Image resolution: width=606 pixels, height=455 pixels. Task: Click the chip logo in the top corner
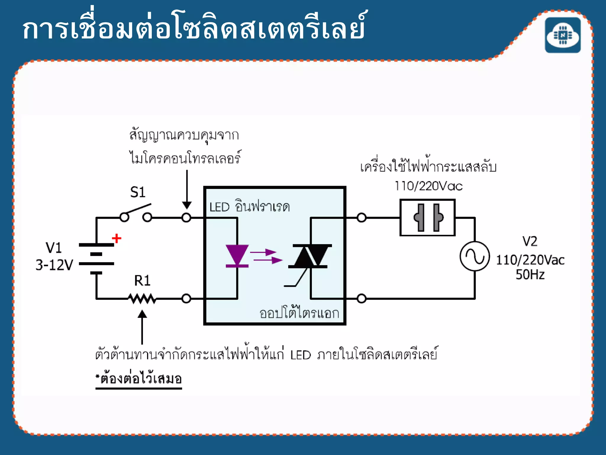563,35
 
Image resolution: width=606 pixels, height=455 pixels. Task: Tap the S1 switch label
138,192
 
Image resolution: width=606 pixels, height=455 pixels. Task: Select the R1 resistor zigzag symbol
142,299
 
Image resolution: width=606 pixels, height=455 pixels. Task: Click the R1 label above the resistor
142,281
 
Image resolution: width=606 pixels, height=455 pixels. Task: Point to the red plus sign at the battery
117,238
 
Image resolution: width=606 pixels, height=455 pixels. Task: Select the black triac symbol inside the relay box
310,257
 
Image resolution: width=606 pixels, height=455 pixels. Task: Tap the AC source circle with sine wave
475,256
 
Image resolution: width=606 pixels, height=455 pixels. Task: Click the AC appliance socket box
427,218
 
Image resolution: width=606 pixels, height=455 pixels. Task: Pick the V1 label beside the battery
54,248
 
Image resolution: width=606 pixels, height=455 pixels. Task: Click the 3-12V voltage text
54,265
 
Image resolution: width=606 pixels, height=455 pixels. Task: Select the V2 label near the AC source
530,241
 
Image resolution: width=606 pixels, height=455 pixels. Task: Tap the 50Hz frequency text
530,275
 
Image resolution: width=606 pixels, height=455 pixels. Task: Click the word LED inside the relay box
219,207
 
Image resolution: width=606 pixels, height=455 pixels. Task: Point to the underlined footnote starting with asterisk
138,379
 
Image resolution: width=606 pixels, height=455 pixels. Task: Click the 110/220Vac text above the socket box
428,186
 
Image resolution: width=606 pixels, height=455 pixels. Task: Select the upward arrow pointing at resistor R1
142,326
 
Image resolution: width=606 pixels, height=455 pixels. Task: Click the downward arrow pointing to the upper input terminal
187,190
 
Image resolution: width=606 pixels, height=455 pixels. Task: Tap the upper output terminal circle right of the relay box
361,218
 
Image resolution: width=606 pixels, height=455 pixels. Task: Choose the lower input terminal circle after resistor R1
186,299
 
